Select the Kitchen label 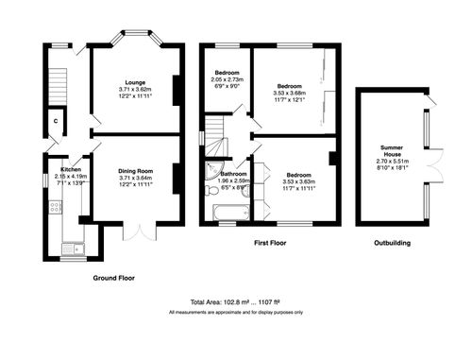click(x=71, y=168)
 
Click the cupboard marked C click(x=57, y=121)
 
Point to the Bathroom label click(x=234, y=174)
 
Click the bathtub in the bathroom click(x=230, y=212)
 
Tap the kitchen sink click(x=72, y=249)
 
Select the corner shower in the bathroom click(x=211, y=171)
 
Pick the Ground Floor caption click(x=114, y=278)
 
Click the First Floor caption click(x=271, y=243)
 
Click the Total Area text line click(x=236, y=301)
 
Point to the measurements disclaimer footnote click(x=236, y=312)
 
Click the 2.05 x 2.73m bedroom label click(x=228, y=80)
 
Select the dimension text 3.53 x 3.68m click(x=290, y=93)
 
